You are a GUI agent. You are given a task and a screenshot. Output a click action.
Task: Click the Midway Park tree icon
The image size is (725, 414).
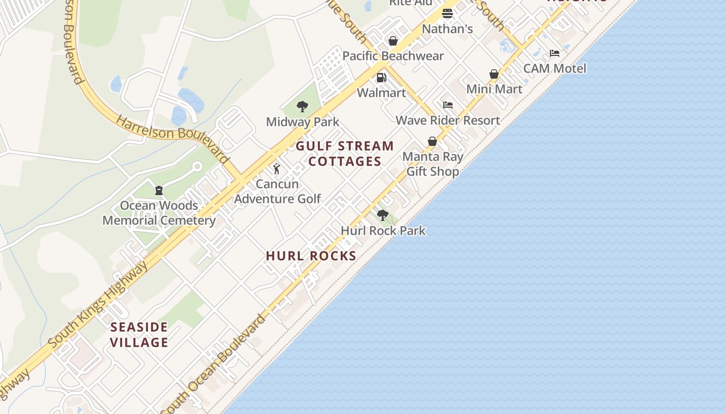point(302,107)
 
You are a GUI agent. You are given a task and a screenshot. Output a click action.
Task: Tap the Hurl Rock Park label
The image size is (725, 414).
point(383,231)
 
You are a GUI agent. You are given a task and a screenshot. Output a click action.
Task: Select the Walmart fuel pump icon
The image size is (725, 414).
point(381,78)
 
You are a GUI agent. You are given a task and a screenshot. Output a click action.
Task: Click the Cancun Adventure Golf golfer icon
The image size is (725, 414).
point(277,169)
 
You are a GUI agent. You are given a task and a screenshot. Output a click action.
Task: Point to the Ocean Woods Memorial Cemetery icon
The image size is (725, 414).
point(159,190)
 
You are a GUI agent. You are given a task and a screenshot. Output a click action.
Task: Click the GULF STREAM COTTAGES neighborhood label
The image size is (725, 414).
point(345,154)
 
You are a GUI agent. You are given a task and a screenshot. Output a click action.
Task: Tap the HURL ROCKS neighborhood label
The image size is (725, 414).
point(311,256)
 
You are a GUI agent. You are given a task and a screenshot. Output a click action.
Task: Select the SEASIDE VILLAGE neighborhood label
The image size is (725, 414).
point(139,334)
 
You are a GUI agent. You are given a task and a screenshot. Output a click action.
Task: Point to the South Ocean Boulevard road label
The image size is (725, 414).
point(216,362)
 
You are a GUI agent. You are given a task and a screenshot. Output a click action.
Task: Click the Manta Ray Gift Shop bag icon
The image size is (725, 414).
point(432,141)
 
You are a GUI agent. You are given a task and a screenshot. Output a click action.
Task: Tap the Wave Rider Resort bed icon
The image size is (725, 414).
point(448,105)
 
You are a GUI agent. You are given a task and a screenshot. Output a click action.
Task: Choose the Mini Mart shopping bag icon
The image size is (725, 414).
point(494,74)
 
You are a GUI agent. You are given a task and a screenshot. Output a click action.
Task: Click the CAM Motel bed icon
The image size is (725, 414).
point(555,53)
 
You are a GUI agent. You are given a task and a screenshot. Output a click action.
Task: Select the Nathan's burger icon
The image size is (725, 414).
point(447,13)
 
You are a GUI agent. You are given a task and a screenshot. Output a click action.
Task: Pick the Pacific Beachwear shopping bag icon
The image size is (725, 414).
point(393,41)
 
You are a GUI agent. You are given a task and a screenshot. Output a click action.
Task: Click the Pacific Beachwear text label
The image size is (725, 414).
point(393,56)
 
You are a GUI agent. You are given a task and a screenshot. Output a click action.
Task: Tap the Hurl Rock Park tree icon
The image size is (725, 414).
point(383,215)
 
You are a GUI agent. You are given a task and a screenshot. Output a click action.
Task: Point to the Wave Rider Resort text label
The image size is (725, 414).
point(448,121)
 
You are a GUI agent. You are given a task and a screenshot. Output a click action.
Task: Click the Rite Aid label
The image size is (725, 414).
point(411,3)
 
